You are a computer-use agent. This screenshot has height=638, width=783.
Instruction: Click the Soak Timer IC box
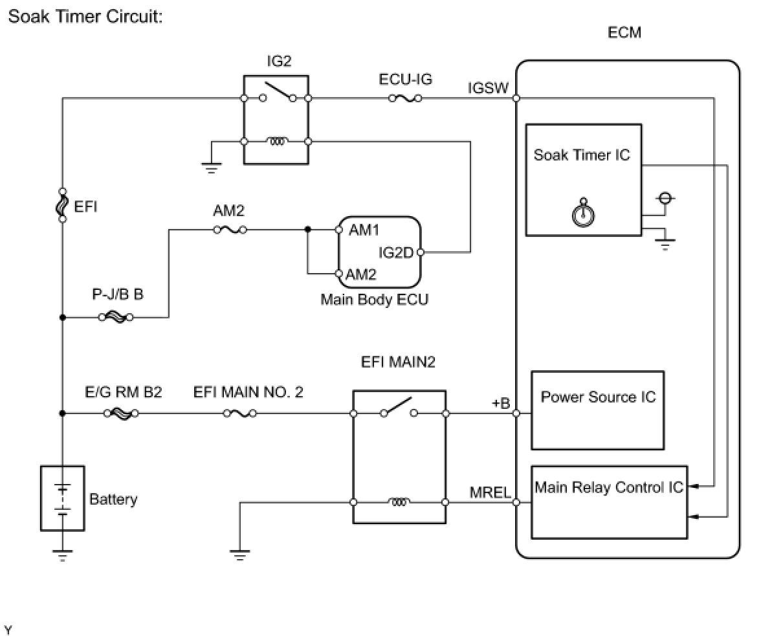583,179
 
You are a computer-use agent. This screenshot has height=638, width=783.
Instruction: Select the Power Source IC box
597,410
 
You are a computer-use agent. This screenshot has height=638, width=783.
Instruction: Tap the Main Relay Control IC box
608,501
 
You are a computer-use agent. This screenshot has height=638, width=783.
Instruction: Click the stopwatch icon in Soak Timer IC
584,213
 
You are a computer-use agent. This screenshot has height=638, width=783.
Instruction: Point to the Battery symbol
62,498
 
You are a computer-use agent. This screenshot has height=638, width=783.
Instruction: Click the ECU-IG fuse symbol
405,98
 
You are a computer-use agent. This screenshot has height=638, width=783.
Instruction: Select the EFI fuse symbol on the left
62,205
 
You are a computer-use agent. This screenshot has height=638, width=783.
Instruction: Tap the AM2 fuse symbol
230,229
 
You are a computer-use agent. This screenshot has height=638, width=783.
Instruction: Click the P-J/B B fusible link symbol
117,318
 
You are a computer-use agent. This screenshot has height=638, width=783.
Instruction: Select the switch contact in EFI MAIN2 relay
397,408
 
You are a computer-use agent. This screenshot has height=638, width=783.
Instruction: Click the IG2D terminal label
395,252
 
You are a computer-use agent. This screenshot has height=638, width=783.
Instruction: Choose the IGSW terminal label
488,88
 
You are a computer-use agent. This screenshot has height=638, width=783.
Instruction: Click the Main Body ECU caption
374,300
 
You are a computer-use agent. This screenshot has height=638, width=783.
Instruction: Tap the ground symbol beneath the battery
62,554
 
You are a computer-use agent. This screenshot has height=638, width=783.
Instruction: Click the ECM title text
624,32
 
